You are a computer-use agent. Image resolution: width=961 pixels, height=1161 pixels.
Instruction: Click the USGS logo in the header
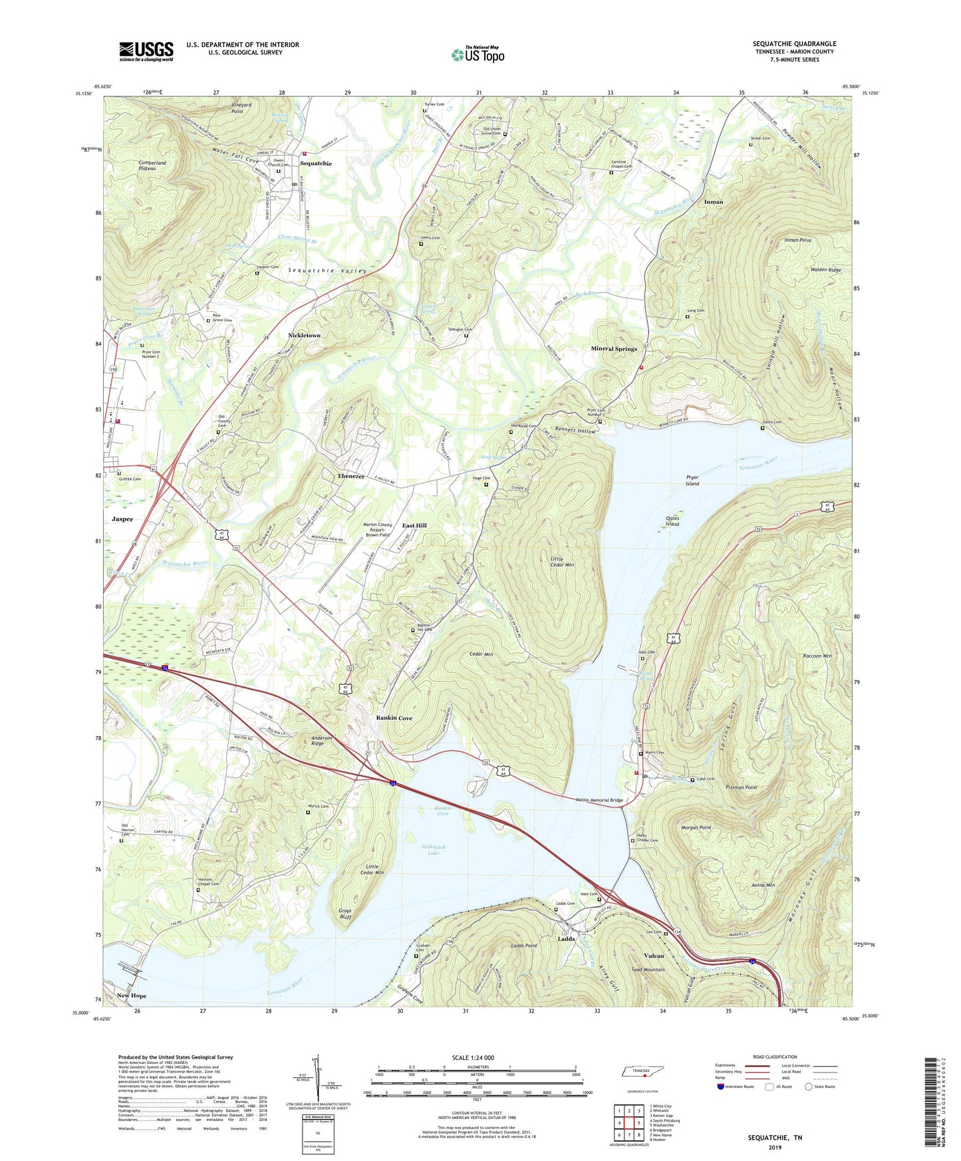point(146,51)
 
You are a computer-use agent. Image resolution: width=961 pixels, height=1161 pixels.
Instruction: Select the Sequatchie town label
point(315,164)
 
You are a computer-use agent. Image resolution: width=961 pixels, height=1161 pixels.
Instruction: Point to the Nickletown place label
point(304,336)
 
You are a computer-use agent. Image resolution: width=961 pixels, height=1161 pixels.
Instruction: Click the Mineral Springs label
point(613,348)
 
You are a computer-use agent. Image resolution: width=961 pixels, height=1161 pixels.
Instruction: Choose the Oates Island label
point(672,521)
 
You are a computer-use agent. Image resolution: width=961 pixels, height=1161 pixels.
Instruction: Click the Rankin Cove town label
point(394,718)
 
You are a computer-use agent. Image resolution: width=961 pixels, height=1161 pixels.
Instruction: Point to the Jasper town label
point(122,519)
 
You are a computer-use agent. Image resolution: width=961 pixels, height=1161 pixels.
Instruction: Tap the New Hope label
point(131,995)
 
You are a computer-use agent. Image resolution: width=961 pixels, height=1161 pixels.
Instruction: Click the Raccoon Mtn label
point(817,656)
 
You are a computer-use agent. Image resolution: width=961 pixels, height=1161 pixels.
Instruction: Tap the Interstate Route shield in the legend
point(721,1087)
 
